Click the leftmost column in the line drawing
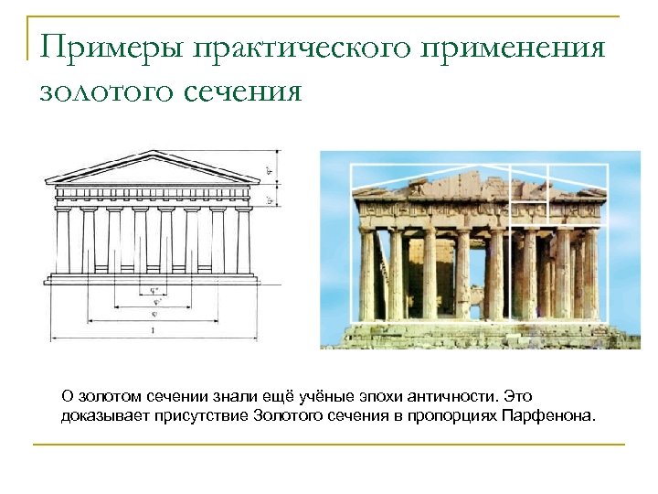click(x=63, y=240)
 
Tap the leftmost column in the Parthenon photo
click(x=367, y=274)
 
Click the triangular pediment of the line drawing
click(x=153, y=169)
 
